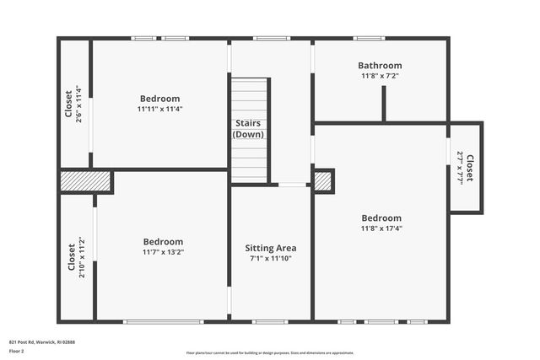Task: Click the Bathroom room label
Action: (x=380, y=65)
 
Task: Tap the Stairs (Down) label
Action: (x=249, y=129)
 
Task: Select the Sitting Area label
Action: (x=270, y=248)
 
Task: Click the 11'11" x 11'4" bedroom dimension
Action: (x=160, y=109)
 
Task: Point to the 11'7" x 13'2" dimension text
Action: (x=163, y=252)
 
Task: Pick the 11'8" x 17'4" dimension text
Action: (x=381, y=228)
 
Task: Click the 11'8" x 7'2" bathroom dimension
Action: (x=380, y=76)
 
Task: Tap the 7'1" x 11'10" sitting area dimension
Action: (x=270, y=259)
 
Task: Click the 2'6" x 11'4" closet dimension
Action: (x=78, y=105)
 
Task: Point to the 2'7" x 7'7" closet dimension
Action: (x=460, y=167)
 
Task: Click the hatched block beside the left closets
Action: (x=86, y=182)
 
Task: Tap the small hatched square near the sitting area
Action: (x=323, y=181)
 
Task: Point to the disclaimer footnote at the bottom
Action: (x=270, y=353)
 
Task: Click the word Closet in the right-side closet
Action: (x=470, y=167)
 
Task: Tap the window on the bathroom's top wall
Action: (x=369, y=38)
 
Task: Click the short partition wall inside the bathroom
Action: (x=384, y=103)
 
